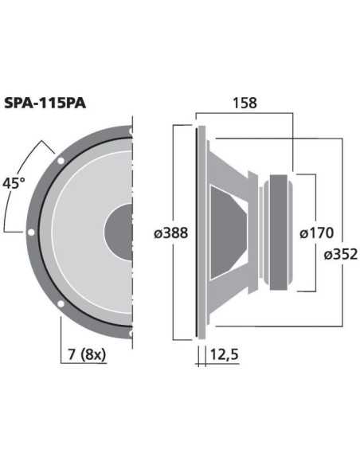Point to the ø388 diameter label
tap(170, 232)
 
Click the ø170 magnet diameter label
tap(316, 233)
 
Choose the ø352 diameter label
tap(340, 254)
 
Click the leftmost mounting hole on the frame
tap(30, 232)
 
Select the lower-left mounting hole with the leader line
tap(60, 305)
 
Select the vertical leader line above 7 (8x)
tap(60, 334)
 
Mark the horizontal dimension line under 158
tap(245, 114)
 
